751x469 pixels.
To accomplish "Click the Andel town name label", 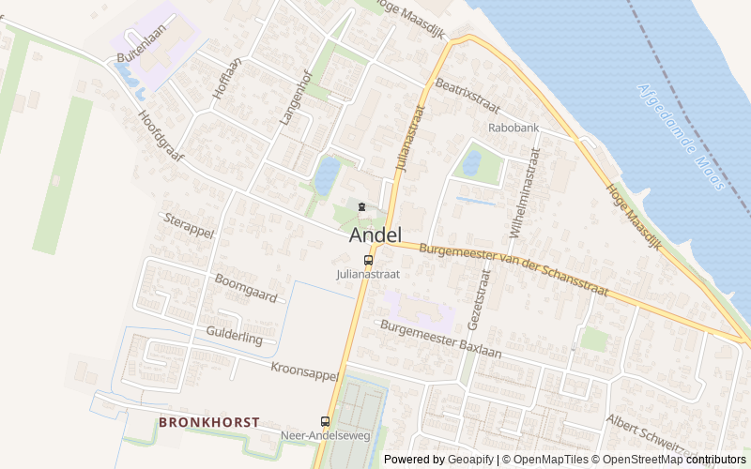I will (375, 234).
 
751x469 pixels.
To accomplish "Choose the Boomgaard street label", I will (246, 288).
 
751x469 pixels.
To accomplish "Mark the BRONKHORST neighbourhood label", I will (208, 423).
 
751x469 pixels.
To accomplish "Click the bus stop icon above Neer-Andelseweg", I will (326, 422).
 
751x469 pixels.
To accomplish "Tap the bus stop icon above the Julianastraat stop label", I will (368, 260).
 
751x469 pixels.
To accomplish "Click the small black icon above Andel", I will (361, 206).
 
